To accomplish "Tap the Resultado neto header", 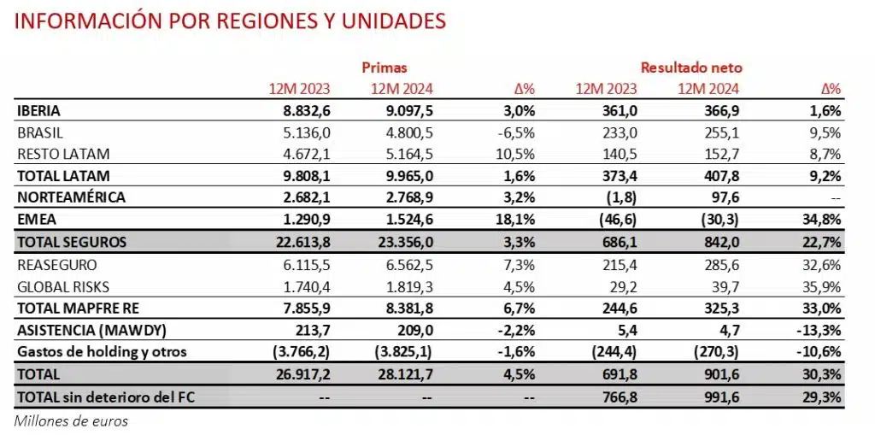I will point(691,67).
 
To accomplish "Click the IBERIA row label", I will point(38,111).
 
